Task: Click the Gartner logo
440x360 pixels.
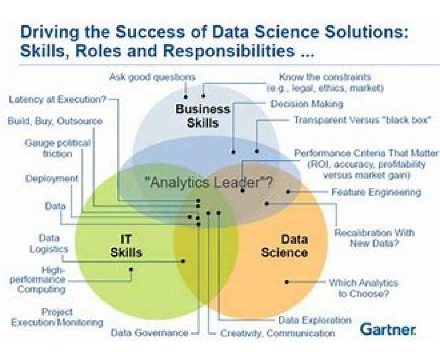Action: [x=388, y=329]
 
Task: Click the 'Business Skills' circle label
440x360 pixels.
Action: [x=202, y=116]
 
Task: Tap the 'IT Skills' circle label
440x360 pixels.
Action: [x=126, y=246]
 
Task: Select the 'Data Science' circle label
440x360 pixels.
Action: [x=285, y=246]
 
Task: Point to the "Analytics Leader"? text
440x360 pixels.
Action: [x=209, y=182]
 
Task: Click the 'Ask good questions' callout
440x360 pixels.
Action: [x=152, y=77]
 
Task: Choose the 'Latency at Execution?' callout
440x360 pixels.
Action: [x=58, y=99]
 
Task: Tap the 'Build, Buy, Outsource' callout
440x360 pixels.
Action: [x=55, y=121]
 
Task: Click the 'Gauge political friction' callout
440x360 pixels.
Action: [x=58, y=149]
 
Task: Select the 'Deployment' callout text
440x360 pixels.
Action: [x=52, y=179]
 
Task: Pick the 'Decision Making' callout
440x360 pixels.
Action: [x=307, y=104]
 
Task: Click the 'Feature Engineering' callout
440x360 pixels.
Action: [x=376, y=192]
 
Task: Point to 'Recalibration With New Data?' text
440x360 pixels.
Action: [x=374, y=238]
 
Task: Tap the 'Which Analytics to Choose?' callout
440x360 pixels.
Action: [x=363, y=288]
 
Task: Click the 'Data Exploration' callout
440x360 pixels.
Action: [x=315, y=320]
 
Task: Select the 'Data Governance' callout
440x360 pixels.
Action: [x=149, y=332]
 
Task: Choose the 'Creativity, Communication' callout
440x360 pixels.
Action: [x=278, y=333]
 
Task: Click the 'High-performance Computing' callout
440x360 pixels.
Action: [x=37, y=280]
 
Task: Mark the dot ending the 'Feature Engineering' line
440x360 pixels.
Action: [x=288, y=192]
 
